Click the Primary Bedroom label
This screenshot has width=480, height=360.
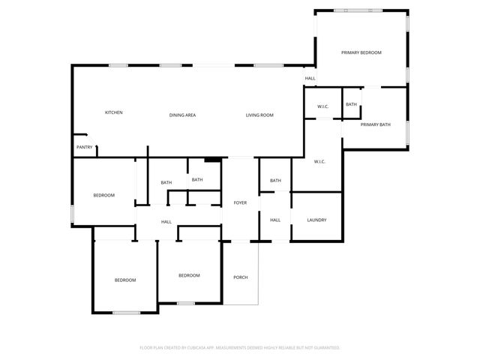tap(361, 52)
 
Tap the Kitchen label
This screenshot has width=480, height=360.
tap(113, 112)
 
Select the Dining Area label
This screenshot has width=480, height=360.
tap(182, 115)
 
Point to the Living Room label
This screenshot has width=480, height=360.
tap(259, 115)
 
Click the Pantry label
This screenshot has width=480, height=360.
tap(84, 147)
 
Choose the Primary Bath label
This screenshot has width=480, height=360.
tap(375, 124)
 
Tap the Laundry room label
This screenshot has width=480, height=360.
tap(316, 220)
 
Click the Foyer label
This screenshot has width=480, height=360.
tap(240, 202)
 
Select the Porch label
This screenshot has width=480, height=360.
tap(240, 277)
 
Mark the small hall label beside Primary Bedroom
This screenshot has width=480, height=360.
tap(310, 79)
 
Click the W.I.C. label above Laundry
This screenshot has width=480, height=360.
tap(318, 161)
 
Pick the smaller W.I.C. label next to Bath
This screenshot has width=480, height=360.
tap(322, 106)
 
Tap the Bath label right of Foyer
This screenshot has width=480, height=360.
tap(275, 180)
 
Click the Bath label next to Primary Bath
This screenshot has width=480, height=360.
tap(351, 104)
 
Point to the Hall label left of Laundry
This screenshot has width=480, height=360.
tap(275, 220)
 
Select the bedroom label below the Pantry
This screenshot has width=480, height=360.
tap(103, 195)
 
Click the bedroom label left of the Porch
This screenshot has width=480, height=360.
tap(189, 275)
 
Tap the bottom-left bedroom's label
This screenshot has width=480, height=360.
tap(125, 280)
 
